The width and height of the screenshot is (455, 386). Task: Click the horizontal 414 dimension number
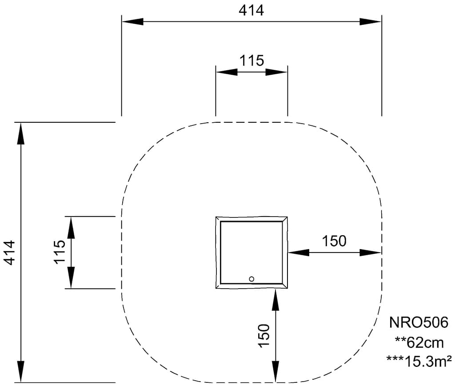[251, 11]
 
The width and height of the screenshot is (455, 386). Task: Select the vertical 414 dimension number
[9, 253]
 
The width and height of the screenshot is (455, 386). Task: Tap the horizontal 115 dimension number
[251, 61]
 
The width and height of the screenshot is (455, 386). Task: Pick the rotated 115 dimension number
[60, 252]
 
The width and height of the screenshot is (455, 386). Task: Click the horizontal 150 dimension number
[334, 241]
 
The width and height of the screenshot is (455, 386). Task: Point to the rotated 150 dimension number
[264, 335]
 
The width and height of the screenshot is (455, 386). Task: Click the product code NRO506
[419, 322]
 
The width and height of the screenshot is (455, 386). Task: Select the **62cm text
[419, 343]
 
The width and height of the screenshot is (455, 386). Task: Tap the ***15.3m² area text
[419, 361]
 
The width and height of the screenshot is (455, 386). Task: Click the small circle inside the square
[251, 279]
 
